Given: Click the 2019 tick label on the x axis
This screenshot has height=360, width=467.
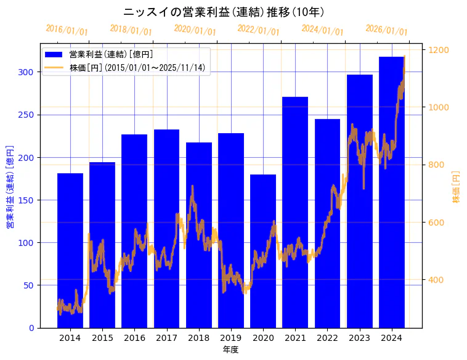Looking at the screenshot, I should pyautogui.click(x=231, y=338).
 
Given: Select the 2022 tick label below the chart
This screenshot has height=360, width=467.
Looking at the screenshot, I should pyautogui.click(x=327, y=338).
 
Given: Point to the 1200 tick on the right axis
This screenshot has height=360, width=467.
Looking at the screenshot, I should pyautogui.click(x=439, y=50).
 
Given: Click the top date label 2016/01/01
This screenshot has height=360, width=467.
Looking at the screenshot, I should pyautogui.click(x=67, y=30).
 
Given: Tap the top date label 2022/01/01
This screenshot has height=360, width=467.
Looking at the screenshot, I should pyautogui.click(x=259, y=30).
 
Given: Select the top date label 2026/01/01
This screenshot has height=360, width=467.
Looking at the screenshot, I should pyautogui.click(x=387, y=30).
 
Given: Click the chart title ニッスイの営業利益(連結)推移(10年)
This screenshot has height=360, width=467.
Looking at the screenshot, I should pyautogui.click(x=224, y=12).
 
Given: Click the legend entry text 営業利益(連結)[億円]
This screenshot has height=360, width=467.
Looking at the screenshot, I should pyautogui.click(x=111, y=55).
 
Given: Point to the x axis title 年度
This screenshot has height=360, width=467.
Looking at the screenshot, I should pyautogui.click(x=231, y=350).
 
